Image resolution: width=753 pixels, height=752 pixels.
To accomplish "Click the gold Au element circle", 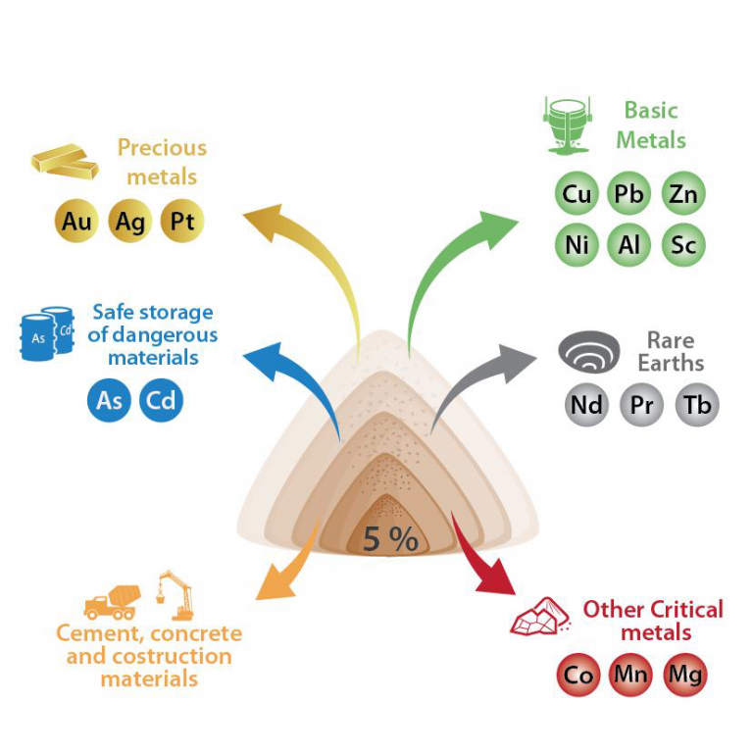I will coord(76,222).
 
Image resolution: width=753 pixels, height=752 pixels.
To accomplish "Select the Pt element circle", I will coord(183,222).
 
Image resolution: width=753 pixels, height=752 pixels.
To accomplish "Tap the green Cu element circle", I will coord(577,193).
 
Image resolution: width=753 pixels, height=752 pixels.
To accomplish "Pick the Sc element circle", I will coord(683,244).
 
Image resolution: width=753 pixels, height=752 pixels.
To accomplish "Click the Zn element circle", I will coord(683,193).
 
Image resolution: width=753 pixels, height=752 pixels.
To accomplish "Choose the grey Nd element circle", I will coord(586,404).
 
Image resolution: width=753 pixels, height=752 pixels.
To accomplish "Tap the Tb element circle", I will coord(697,404).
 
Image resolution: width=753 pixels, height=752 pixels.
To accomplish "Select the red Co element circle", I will coord(578,676).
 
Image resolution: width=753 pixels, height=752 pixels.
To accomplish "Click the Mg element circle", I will coord(684,676).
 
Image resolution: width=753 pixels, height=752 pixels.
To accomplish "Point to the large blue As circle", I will coord(108,400).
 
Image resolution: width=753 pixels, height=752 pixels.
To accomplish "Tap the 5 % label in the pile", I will coord(390,538).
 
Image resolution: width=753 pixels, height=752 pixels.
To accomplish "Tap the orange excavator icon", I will coord(176,594).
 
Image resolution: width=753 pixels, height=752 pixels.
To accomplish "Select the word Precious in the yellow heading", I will coord(162,148).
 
